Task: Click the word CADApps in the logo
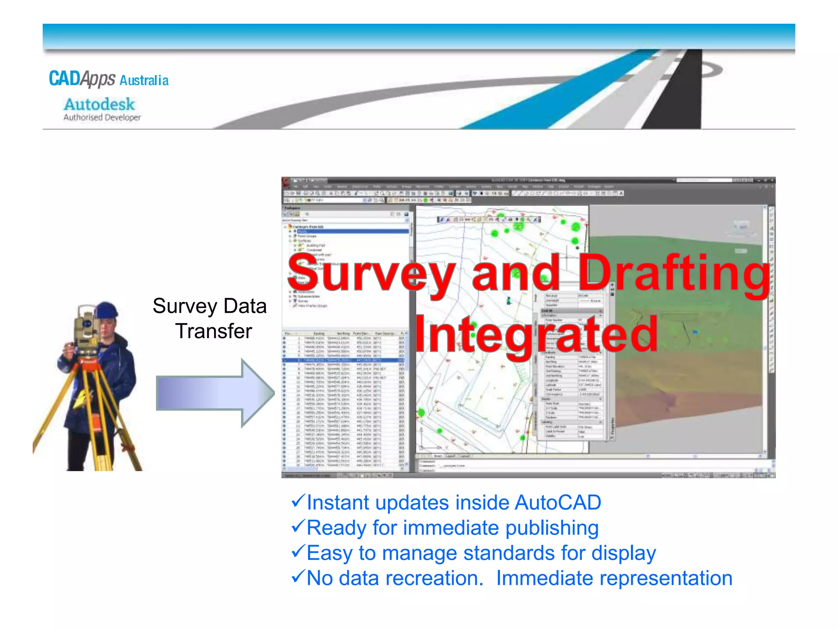tap(82, 78)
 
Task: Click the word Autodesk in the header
tap(99, 104)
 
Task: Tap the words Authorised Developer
tap(102, 118)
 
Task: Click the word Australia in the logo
tap(144, 80)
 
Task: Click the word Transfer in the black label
tap(214, 331)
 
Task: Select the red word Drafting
tap(673, 272)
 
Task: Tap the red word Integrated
tap(536, 335)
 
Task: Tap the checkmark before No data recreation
tap(298, 576)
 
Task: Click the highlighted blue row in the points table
tap(344, 360)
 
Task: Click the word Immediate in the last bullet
tap(544, 578)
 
